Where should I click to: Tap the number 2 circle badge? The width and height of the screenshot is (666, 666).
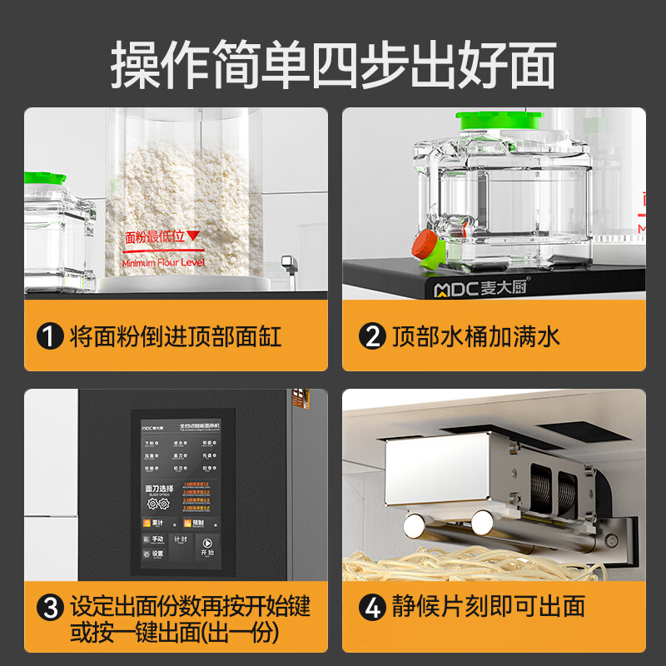click(x=370, y=336)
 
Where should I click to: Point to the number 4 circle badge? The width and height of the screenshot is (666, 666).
click(x=370, y=606)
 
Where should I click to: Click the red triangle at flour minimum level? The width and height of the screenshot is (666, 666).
click(x=193, y=236)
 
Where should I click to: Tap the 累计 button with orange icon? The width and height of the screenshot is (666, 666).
click(x=152, y=524)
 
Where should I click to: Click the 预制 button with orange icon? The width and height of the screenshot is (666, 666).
click(x=193, y=524)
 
